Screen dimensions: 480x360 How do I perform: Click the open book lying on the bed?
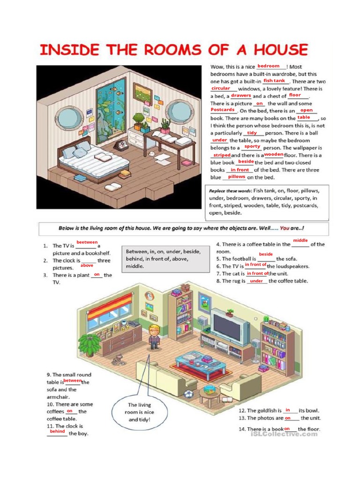pyautogui.click(x=104, y=158)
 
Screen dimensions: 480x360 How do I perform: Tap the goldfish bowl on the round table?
pyautogui.click(x=211, y=389)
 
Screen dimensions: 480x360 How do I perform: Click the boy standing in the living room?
pyautogui.click(x=154, y=337)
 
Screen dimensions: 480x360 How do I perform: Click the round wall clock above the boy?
pyautogui.click(x=150, y=296)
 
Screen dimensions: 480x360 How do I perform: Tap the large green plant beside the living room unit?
pyautogui.click(x=89, y=344)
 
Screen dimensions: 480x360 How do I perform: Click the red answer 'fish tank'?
pyautogui.click(x=274, y=81)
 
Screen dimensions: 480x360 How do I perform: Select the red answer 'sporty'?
pyautogui.click(x=252, y=147)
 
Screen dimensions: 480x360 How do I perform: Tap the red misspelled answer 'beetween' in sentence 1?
pyautogui.click(x=87, y=242)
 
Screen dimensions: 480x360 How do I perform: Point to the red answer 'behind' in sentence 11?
pyautogui.click(x=57, y=431)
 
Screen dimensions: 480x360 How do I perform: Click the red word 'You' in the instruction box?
pyautogui.click(x=285, y=228)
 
